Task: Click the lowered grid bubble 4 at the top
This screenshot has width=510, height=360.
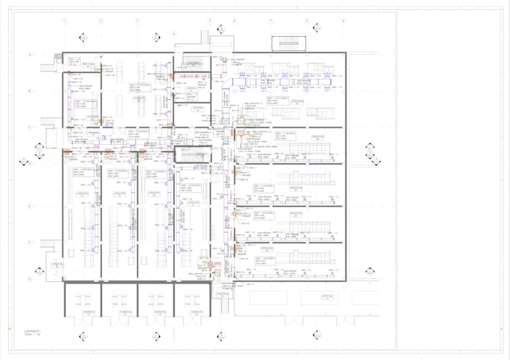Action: click(x=174, y=33)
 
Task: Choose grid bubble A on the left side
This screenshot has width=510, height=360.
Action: click(x=30, y=55)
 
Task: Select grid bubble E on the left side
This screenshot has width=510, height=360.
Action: click(x=30, y=205)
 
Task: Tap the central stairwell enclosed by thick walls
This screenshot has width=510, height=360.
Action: click(x=193, y=154)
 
